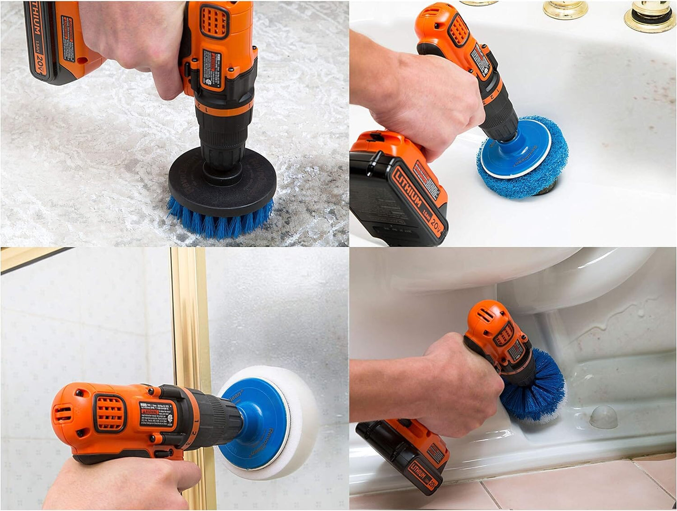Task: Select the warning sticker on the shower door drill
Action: (157, 413)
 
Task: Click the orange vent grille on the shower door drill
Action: (110, 413)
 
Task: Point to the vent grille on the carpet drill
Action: (215, 22)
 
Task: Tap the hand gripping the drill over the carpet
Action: (141, 42)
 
